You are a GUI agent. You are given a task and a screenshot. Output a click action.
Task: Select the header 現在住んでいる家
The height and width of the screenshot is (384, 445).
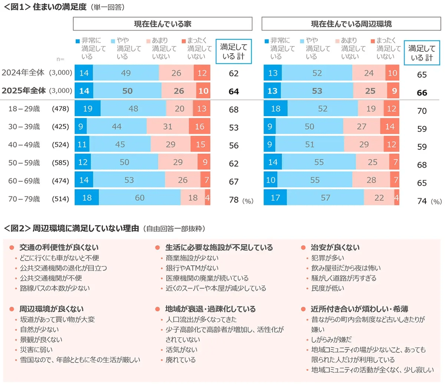click(162, 23)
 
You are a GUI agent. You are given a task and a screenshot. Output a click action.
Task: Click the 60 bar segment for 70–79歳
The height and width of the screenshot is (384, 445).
click(139, 198)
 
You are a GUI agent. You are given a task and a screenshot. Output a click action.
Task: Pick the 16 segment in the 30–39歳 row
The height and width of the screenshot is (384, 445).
click(200, 127)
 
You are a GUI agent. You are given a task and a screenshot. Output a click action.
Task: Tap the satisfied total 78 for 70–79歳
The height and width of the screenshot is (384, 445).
click(233, 200)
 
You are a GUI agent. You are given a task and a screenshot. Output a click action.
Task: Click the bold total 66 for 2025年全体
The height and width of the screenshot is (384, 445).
click(422, 93)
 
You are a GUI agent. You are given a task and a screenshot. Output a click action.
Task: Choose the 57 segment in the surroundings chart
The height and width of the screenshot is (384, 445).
click(325, 198)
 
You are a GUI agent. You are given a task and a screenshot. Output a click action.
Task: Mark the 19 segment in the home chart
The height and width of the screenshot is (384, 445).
click(87, 109)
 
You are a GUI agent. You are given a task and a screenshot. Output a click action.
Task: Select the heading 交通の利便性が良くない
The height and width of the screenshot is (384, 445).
click(59, 248)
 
